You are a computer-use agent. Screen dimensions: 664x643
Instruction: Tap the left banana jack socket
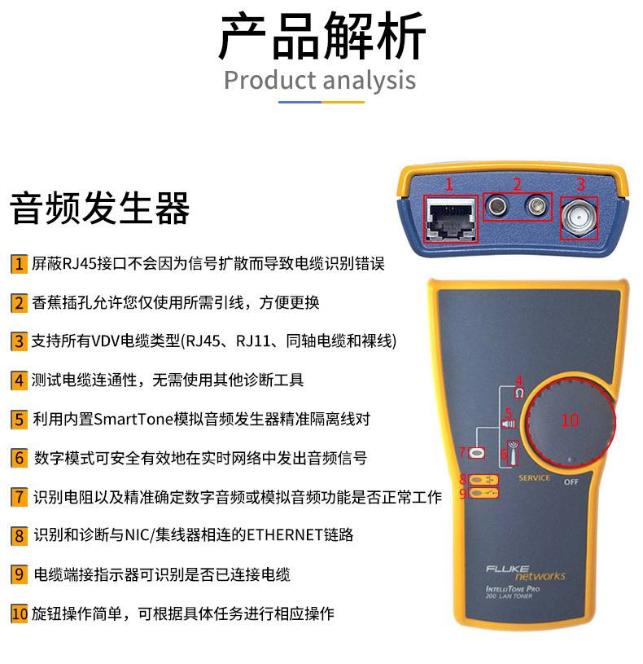(x=495, y=209)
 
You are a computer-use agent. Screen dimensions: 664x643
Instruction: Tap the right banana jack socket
(x=535, y=209)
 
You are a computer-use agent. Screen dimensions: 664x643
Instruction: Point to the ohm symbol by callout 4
(x=518, y=393)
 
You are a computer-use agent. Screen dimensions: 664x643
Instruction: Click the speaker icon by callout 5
(x=509, y=424)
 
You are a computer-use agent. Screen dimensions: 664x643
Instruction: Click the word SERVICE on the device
(x=534, y=477)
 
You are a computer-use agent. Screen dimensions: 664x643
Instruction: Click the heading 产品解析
(x=321, y=37)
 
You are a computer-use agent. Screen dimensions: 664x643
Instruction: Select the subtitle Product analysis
(x=320, y=81)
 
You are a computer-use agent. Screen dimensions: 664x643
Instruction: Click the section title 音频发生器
(x=99, y=208)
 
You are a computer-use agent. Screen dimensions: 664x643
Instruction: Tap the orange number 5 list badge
(x=19, y=420)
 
